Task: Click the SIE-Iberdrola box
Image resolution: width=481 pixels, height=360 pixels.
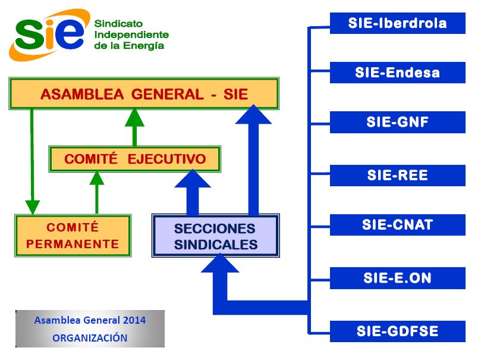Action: click(x=398, y=23)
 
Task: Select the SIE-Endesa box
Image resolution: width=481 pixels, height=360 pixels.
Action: click(x=398, y=73)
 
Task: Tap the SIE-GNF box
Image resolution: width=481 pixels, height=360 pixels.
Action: click(x=398, y=122)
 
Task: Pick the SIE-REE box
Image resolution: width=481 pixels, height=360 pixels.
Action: click(x=398, y=176)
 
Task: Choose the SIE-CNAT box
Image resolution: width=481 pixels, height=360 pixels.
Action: click(x=398, y=225)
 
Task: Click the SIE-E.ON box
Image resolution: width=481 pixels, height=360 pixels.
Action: click(x=398, y=278)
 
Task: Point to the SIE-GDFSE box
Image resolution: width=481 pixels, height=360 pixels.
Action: click(x=398, y=331)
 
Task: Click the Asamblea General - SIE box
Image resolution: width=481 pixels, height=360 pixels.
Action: click(x=144, y=93)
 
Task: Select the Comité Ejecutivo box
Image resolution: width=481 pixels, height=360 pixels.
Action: click(x=135, y=159)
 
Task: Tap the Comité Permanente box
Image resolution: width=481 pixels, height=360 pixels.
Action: click(x=73, y=236)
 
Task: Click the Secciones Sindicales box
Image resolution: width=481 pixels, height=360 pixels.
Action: click(x=216, y=236)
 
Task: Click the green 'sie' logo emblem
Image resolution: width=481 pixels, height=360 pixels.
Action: click(x=50, y=35)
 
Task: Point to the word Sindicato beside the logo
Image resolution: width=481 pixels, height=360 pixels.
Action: click(x=118, y=24)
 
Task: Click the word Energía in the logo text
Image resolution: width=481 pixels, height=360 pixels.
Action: click(x=143, y=46)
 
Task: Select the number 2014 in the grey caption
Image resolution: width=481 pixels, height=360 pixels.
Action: click(x=134, y=320)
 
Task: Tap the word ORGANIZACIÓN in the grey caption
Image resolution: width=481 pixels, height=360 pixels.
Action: click(x=90, y=337)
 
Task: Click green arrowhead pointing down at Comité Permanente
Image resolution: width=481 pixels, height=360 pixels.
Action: click(x=33, y=207)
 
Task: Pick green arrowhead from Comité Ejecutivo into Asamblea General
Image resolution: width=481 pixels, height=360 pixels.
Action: click(x=134, y=118)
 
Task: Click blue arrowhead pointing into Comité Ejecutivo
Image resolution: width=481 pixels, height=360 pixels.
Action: click(x=192, y=179)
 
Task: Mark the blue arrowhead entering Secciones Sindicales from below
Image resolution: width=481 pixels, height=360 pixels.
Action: click(x=219, y=264)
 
